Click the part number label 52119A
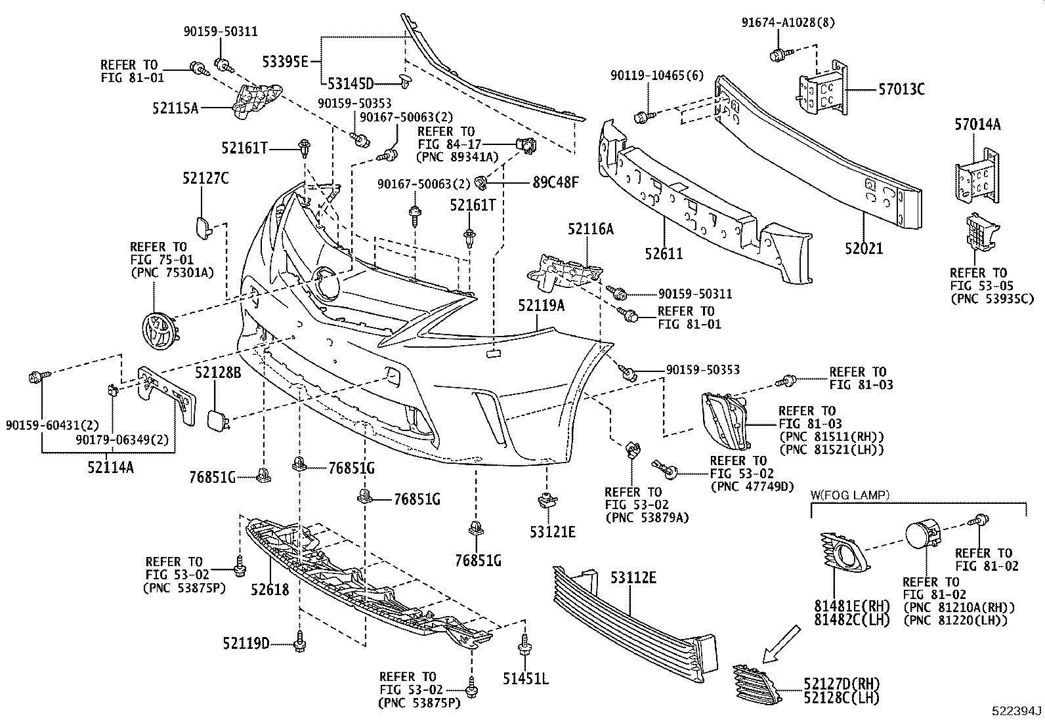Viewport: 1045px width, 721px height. (540, 305)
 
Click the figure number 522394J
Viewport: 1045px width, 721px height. (1016, 711)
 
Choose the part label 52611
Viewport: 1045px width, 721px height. (664, 253)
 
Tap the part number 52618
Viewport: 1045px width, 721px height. (269, 589)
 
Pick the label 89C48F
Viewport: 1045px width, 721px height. (555, 182)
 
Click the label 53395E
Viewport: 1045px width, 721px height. (286, 62)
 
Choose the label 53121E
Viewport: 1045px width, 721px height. (553, 531)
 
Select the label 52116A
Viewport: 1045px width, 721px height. (591, 229)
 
